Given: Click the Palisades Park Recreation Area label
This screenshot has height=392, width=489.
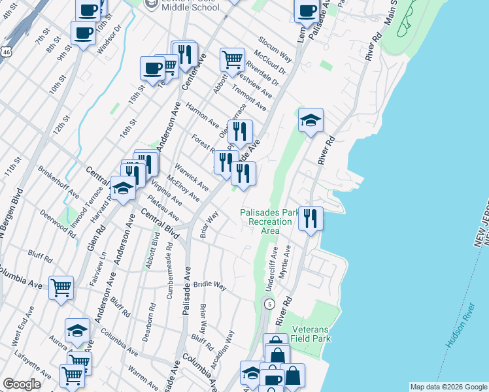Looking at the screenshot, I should (269, 221).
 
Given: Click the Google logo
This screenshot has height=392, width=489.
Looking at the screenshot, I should (22, 384).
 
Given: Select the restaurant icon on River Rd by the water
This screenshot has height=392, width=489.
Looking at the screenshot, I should (311, 217).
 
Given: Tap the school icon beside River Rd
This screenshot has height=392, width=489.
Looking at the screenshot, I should (311, 120).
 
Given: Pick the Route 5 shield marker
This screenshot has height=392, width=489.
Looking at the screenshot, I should (268, 304).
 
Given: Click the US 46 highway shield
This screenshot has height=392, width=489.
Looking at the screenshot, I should (5, 50).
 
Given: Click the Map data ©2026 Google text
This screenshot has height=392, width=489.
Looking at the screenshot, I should (448, 387).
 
